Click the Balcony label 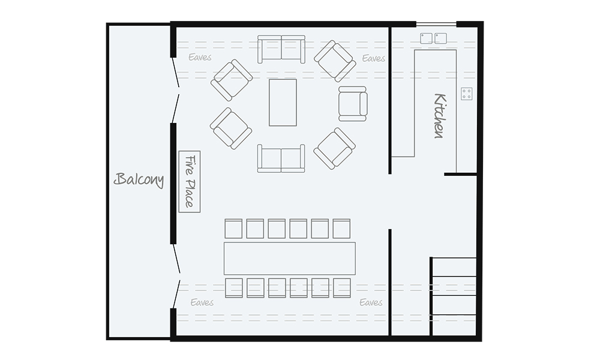[x=139, y=179]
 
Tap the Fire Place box [x=189, y=181]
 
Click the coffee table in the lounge [x=283, y=102]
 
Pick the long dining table [x=289, y=259]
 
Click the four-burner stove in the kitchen [x=467, y=94]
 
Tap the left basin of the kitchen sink [x=427, y=38]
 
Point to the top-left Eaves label [x=200, y=58]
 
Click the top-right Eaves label [x=373, y=58]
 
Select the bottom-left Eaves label [x=202, y=302]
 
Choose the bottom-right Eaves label [x=371, y=302]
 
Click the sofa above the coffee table [x=281, y=49]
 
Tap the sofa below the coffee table [x=281, y=158]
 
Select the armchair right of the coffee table [x=352, y=103]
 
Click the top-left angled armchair [x=232, y=79]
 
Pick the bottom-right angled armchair [x=335, y=148]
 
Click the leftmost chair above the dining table [x=233, y=229]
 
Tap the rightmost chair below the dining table [x=342, y=287]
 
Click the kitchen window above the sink [x=436, y=25]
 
